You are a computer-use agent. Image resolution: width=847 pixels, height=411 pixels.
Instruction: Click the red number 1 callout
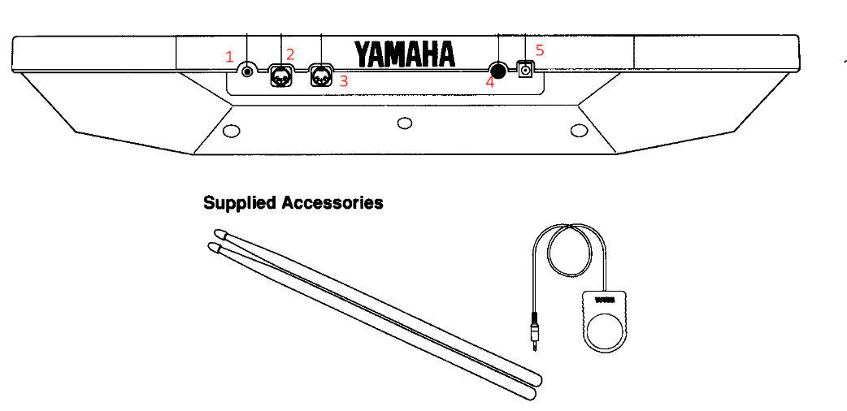click(230, 58)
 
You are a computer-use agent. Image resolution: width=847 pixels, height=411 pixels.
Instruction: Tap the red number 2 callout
click(290, 54)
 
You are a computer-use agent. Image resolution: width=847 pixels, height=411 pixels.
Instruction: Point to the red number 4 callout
click(490, 81)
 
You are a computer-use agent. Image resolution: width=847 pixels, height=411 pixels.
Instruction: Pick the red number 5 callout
click(540, 50)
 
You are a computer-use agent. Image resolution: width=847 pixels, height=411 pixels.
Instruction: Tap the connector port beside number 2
click(280, 77)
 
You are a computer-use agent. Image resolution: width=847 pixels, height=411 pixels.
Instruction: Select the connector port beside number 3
click(322, 78)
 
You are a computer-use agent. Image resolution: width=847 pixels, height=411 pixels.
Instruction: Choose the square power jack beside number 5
click(525, 71)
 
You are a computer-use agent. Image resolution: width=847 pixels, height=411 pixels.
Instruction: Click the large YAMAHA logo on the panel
click(404, 54)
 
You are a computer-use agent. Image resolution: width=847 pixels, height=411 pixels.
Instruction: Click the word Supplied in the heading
click(239, 203)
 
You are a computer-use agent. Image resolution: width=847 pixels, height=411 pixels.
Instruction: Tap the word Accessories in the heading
click(332, 202)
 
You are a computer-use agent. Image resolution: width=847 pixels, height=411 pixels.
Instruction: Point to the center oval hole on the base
click(404, 123)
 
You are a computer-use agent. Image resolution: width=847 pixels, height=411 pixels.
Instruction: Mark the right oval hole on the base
click(579, 130)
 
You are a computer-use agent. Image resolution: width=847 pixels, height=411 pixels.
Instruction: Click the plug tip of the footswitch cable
click(535, 342)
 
